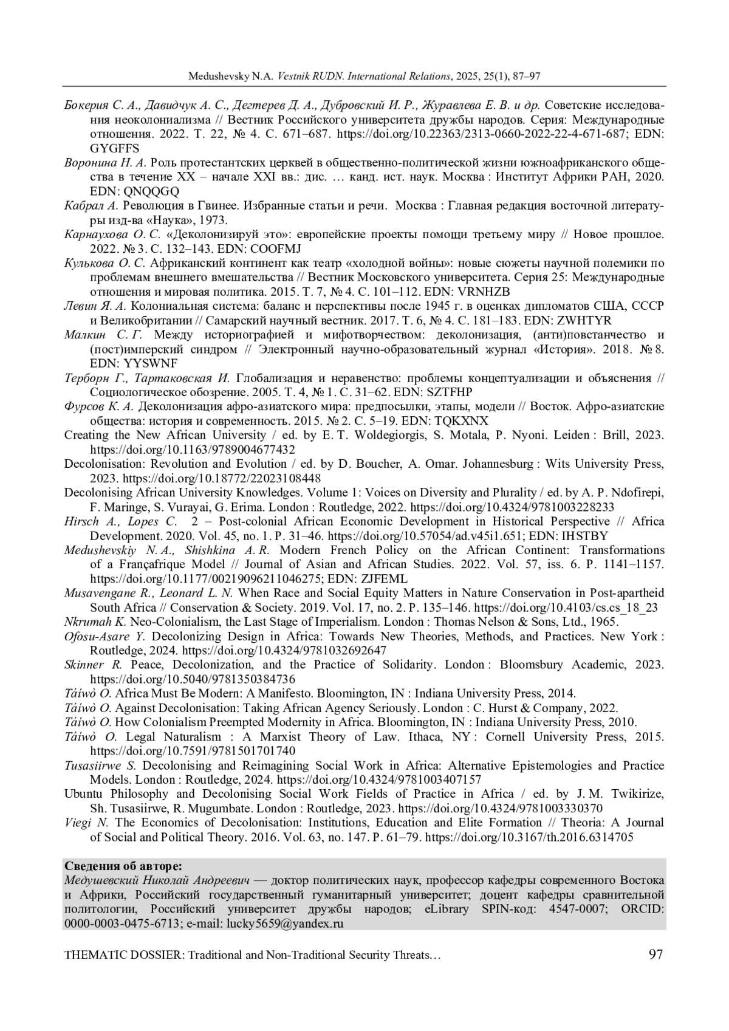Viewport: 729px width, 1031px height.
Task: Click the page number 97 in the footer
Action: [656, 954]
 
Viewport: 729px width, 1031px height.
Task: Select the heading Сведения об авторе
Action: [123, 866]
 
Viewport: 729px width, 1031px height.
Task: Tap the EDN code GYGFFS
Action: [114, 148]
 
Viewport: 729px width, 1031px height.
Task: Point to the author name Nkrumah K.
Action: [95, 622]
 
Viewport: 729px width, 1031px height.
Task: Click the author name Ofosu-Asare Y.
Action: [104, 636]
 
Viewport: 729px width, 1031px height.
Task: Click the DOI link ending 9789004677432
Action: [193, 450]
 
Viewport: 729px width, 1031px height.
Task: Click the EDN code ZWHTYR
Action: [586, 321]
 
